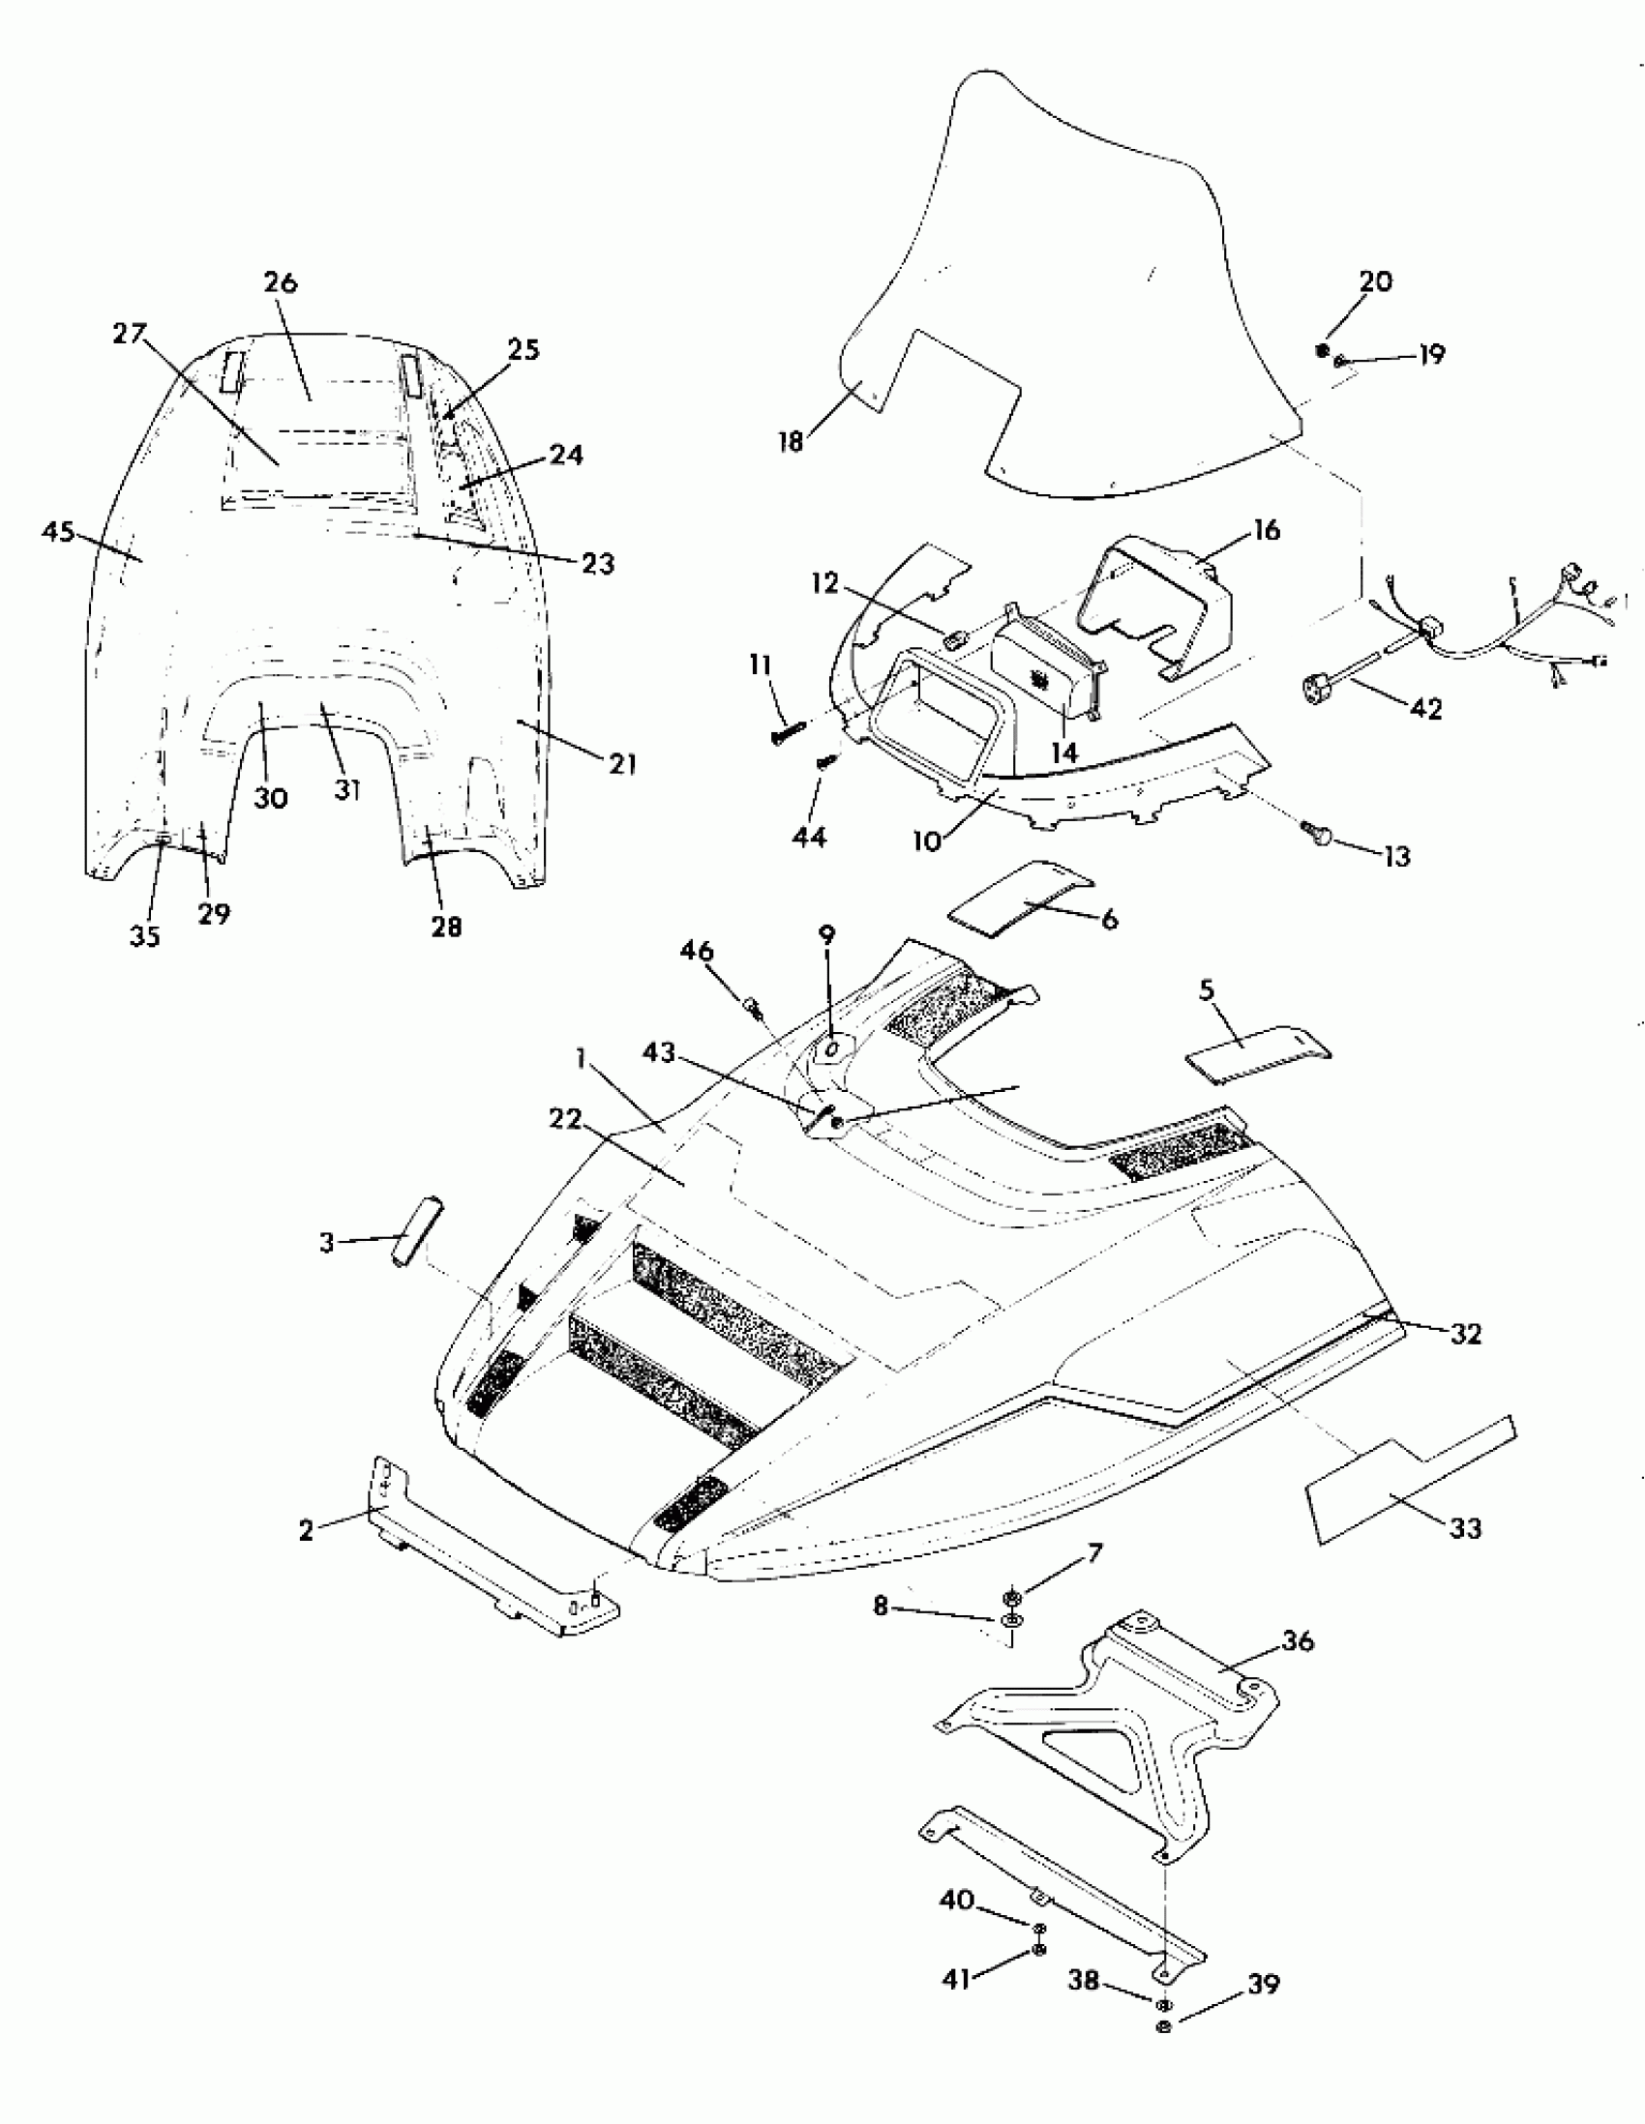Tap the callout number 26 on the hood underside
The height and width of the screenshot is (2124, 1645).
pos(281,283)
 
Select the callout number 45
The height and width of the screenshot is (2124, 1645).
pos(58,532)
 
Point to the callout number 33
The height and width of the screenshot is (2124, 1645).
pos(1465,1528)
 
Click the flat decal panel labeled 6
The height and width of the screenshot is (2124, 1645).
pos(1020,898)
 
